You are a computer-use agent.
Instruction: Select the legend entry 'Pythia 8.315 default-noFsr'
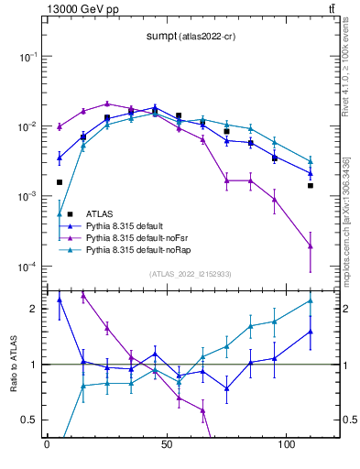coord(138,238)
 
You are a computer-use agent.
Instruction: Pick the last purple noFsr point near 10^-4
coord(311,245)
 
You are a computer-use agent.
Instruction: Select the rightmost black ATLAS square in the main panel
coord(311,186)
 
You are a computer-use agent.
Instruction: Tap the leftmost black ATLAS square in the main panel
coord(60,157)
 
